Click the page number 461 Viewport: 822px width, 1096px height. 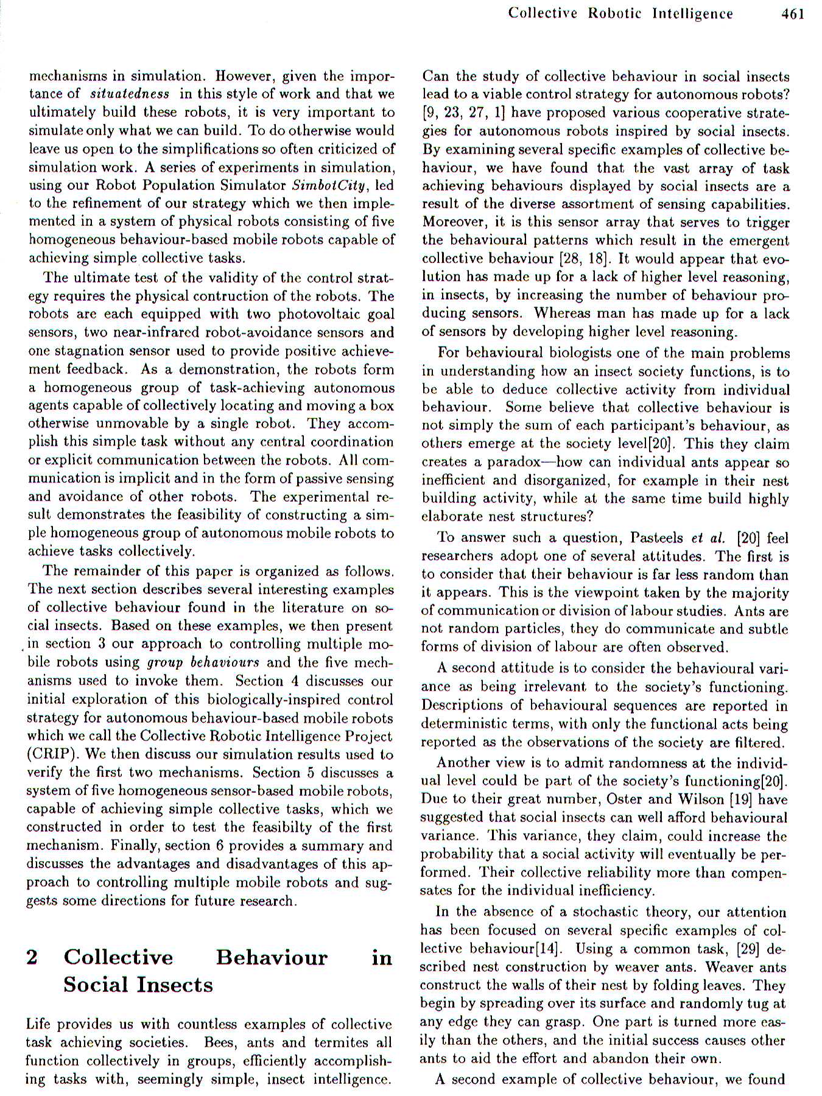793,13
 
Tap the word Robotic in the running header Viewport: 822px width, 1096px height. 615,13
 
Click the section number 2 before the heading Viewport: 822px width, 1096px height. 32,957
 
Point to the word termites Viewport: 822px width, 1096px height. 341,1042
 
